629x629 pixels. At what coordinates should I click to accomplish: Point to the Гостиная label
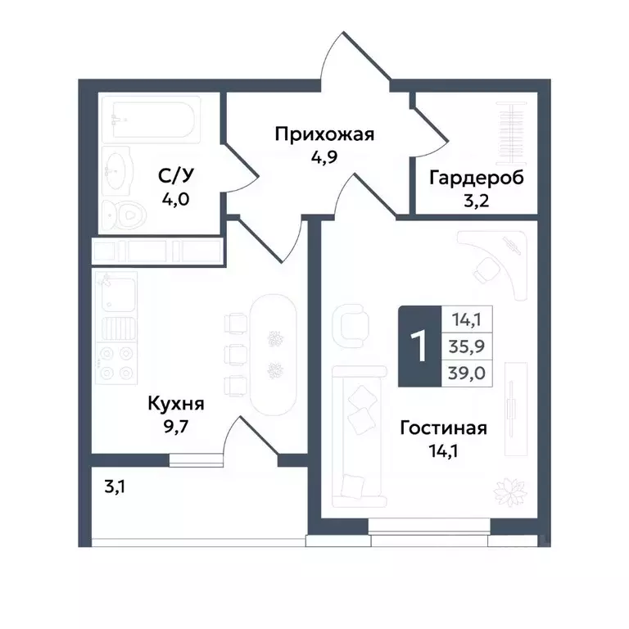pos(444,428)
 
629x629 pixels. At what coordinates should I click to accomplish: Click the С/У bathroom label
pos(175,177)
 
